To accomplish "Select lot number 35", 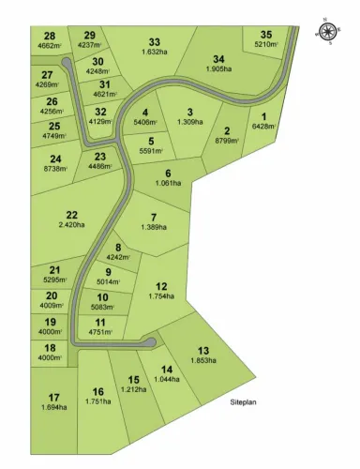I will click(x=265, y=34).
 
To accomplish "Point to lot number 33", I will click(x=155, y=41).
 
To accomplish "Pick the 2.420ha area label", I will click(x=72, y=225).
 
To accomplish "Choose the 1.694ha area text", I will click(x=54, y=408).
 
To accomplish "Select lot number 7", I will click(x=153, y=216).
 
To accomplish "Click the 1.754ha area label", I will click(x=161, y=296).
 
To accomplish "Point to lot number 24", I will click(x=55, y=159).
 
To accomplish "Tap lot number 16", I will click(x=97, y=391).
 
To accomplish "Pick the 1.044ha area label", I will click(x=168, y=379).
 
